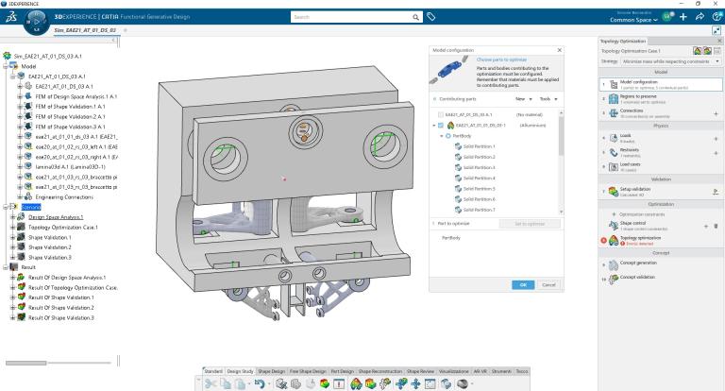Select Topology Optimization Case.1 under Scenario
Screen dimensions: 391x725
[71, 228]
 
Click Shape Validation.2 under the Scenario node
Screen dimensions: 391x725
[50, 247]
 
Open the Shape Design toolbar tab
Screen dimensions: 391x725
[271, 370]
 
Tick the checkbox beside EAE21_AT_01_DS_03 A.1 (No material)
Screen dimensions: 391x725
[436, 114]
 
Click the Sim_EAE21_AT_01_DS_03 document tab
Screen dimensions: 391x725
[85, 31]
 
